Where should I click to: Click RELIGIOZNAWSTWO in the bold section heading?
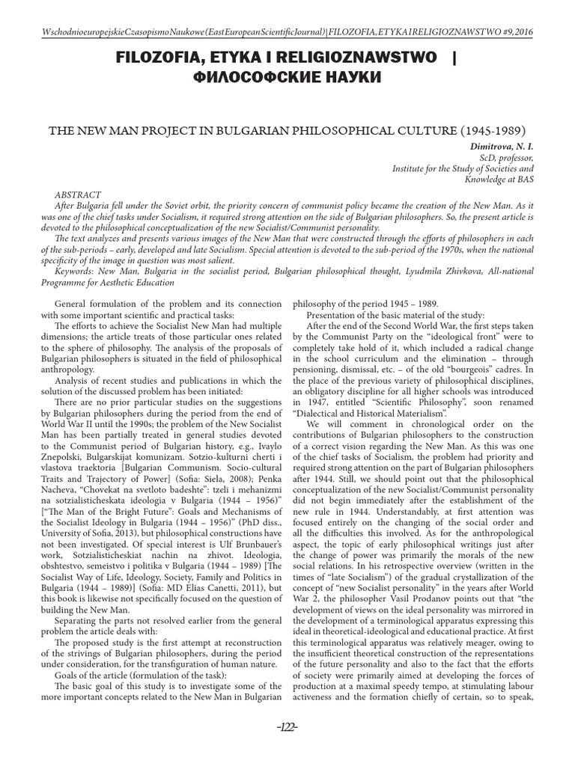(x=344, y=56)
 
